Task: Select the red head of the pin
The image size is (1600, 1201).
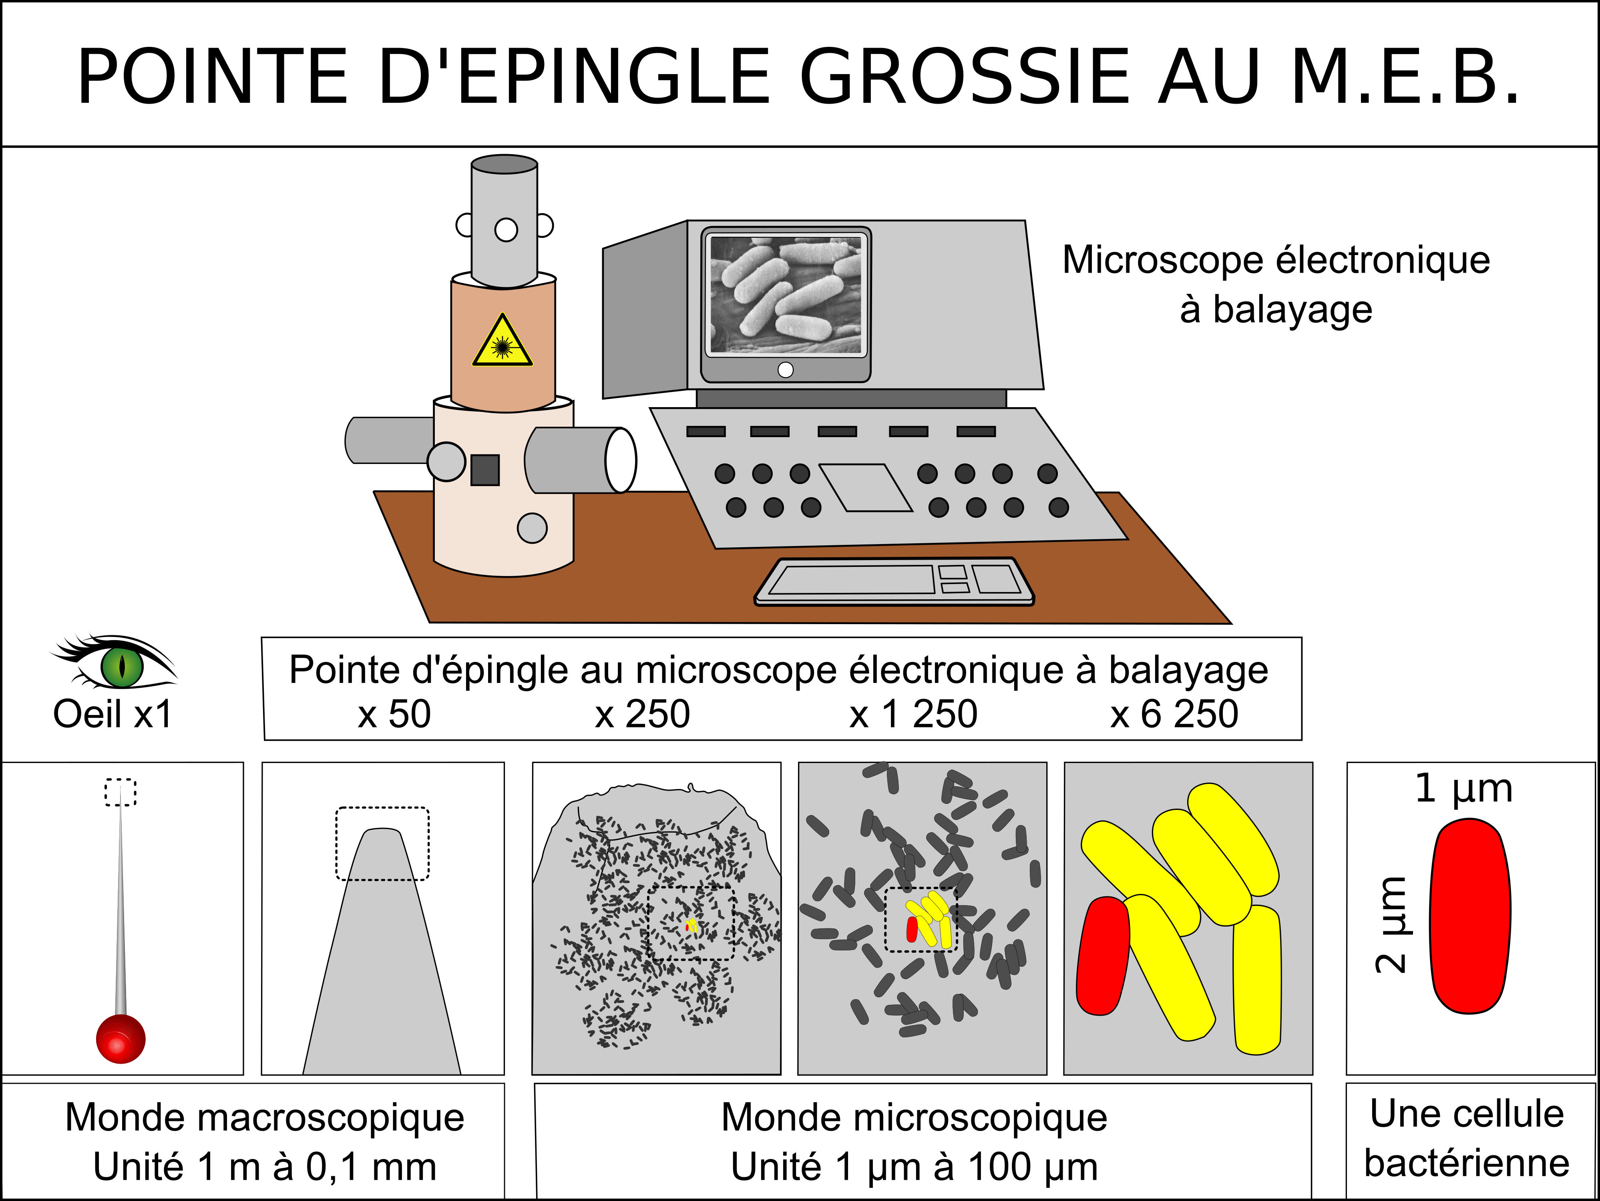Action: [x=121, y=1039]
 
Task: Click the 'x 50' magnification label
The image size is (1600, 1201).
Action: [x=394, y=714]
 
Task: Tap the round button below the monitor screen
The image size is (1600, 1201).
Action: [x=786, y=370]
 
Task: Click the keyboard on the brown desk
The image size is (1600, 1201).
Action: [x=895, y=581]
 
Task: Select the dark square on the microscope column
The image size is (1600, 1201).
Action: [x=484, y=470]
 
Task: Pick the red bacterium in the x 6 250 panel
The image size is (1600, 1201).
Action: [x=1103, y=956]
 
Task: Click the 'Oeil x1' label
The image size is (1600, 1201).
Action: [x=113, y=714]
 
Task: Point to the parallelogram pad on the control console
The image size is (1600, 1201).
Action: [x=866, y=487]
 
